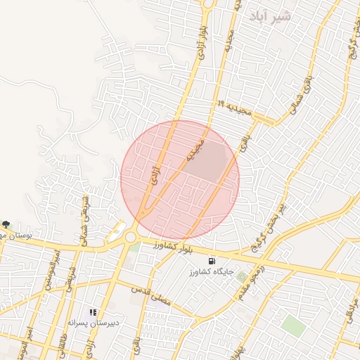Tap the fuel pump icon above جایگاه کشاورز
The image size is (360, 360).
pos(212,262)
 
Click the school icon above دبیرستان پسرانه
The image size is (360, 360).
pos(92,312)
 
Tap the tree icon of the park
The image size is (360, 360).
pos(6,224)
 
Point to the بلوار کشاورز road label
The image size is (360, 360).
pos(167,246)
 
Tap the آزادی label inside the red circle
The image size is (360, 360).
pos(156,170)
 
